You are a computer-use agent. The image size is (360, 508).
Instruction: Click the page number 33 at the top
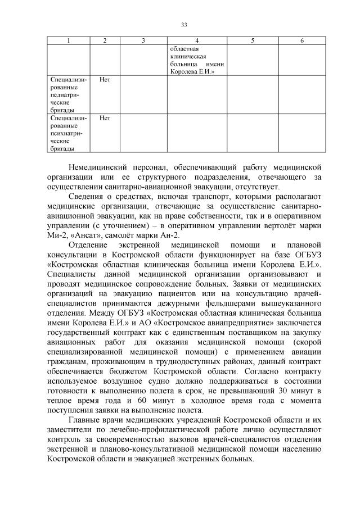pos(184,24)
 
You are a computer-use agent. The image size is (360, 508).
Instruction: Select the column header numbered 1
pos(69,41)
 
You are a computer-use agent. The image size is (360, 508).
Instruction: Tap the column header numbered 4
pos(197,41)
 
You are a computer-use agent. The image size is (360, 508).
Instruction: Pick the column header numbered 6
pos(302,41)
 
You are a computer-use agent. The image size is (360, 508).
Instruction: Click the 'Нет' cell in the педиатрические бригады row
pos(105,80)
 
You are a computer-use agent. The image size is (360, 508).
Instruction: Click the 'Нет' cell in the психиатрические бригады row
pos(105,118)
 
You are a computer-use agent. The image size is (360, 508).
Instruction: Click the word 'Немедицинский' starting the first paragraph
pos(96,167)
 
